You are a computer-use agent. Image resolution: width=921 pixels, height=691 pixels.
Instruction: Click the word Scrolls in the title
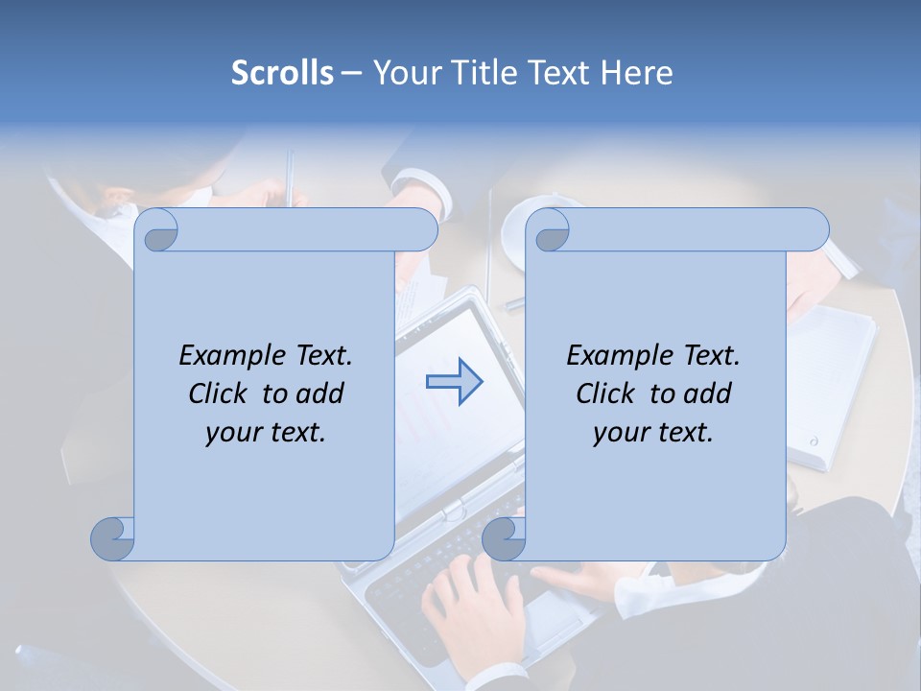pyautogui.click(x=282, y=73)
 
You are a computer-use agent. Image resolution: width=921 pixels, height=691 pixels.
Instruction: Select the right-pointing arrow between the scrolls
pyautogui.click(x=454, y=382)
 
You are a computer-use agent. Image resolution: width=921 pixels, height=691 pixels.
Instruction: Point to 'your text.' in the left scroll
pyautogui.click(x=266, y=432)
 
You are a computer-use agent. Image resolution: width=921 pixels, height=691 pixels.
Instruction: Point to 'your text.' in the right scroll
pyautogui.click(x=653, y=432)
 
